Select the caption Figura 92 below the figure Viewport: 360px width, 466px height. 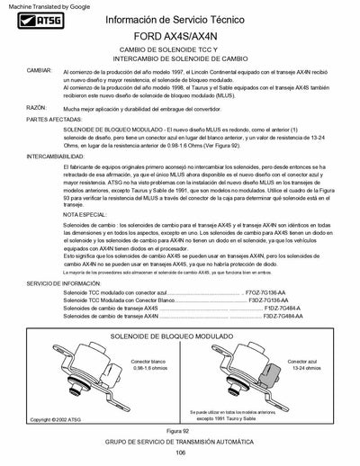180,432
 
